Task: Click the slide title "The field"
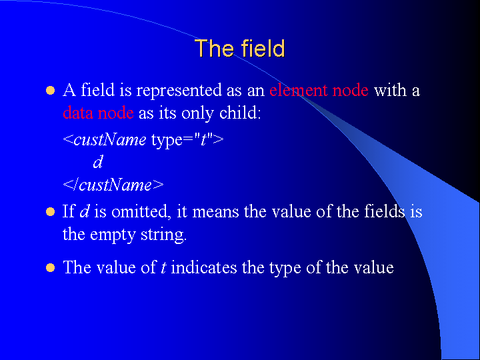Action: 240,48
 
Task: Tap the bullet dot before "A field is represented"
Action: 50,91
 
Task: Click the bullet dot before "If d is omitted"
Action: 50,212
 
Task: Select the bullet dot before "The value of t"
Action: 50,268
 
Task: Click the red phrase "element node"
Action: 319,90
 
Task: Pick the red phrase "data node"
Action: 98,113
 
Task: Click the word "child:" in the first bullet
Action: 240,113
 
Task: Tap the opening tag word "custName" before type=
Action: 110,140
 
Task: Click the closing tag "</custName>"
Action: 113,185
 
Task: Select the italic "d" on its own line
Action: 98,162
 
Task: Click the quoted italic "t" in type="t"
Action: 203,140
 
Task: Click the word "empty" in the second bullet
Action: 113,235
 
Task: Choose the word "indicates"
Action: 204,267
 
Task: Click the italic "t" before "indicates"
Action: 163,268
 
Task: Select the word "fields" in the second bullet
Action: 384,211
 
